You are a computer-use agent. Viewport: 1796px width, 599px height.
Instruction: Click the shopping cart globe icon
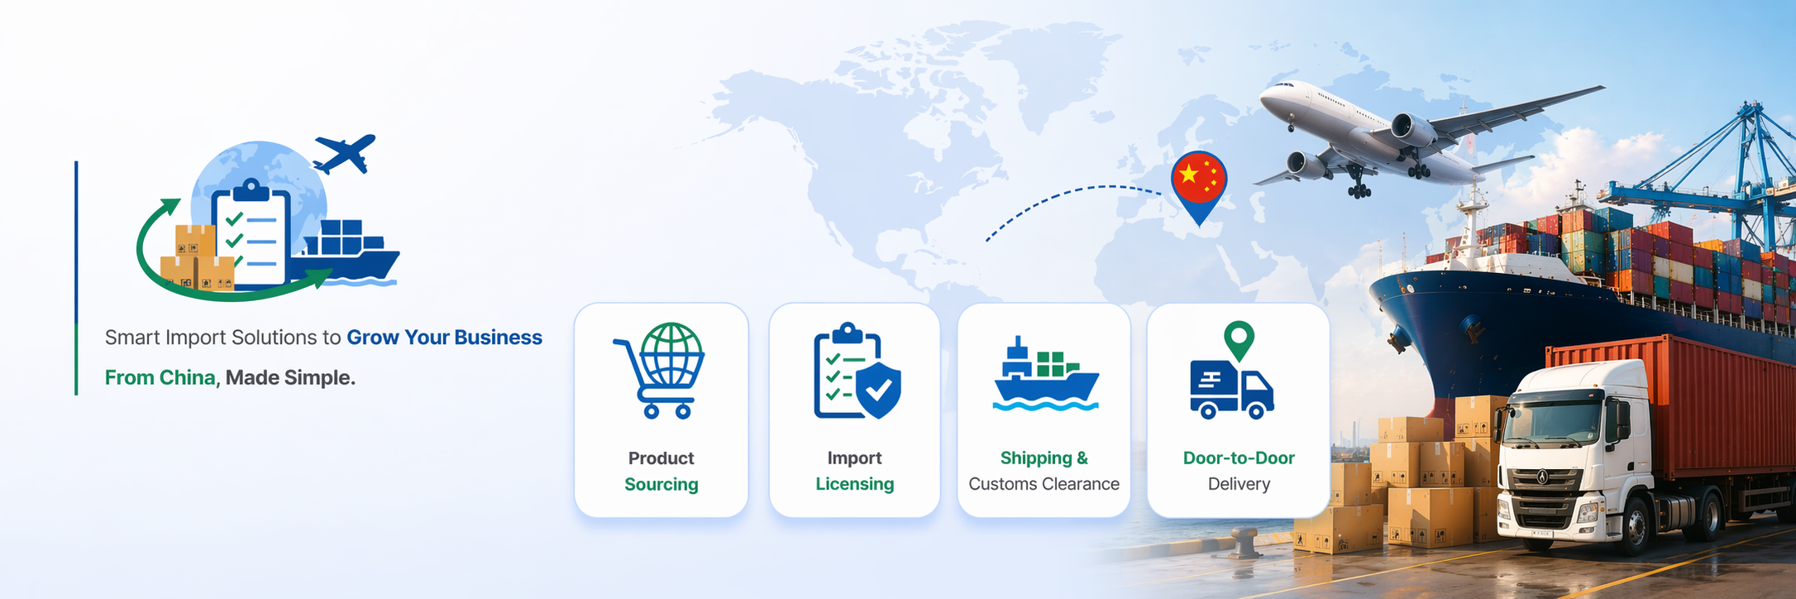(x=660, y=370)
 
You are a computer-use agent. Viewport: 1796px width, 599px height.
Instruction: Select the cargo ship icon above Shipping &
(x=1045, y=374)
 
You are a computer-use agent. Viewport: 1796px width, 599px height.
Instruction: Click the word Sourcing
(x=661, y=484)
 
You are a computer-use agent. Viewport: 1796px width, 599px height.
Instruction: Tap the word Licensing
(x=854, y=484)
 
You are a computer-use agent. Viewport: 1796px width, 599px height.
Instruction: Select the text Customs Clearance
(x=1044, y=484)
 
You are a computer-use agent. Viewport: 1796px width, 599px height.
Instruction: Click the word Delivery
(x=1238, y=484)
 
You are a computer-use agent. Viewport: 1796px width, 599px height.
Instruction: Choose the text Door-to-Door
(x=1238, y=458)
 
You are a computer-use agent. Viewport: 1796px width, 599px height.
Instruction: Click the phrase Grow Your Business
(x=444, y=338)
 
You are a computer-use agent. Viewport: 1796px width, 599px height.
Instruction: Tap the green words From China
(x=160, y=377)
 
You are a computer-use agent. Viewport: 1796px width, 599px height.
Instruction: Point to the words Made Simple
(x=290, y=377)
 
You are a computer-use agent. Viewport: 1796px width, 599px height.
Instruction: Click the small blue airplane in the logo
(x=345, y=153)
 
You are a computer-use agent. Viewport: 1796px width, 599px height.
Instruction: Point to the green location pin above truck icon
(x=1239, y=338)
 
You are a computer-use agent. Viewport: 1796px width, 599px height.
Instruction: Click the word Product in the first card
(x=661, y=458)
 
